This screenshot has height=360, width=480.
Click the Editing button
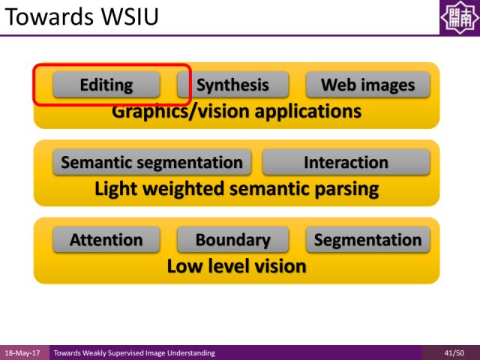click(x=106, y=85)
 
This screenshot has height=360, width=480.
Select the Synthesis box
click(x=233, y=85)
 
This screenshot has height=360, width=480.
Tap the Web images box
click(x=367, y=85)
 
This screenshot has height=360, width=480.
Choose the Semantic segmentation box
click(x=151, y=162)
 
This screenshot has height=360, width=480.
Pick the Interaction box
click(x=346, y=162)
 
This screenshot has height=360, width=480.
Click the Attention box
click(x=106, y=240)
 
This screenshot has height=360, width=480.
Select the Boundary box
click(x=232, y=240)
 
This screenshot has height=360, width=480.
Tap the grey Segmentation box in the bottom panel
click(x=367, y=240)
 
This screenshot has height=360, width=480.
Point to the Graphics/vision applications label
click(x=236, y=112)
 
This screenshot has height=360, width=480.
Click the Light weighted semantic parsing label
click(x=236, y=188)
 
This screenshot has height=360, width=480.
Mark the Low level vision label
click(x=236, y=265)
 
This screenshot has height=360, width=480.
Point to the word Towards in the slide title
click(x=43, y=16)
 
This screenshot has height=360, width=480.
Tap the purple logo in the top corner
click(x=458, y=17)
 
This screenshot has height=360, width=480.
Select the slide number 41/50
click(x=453, y=352)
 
